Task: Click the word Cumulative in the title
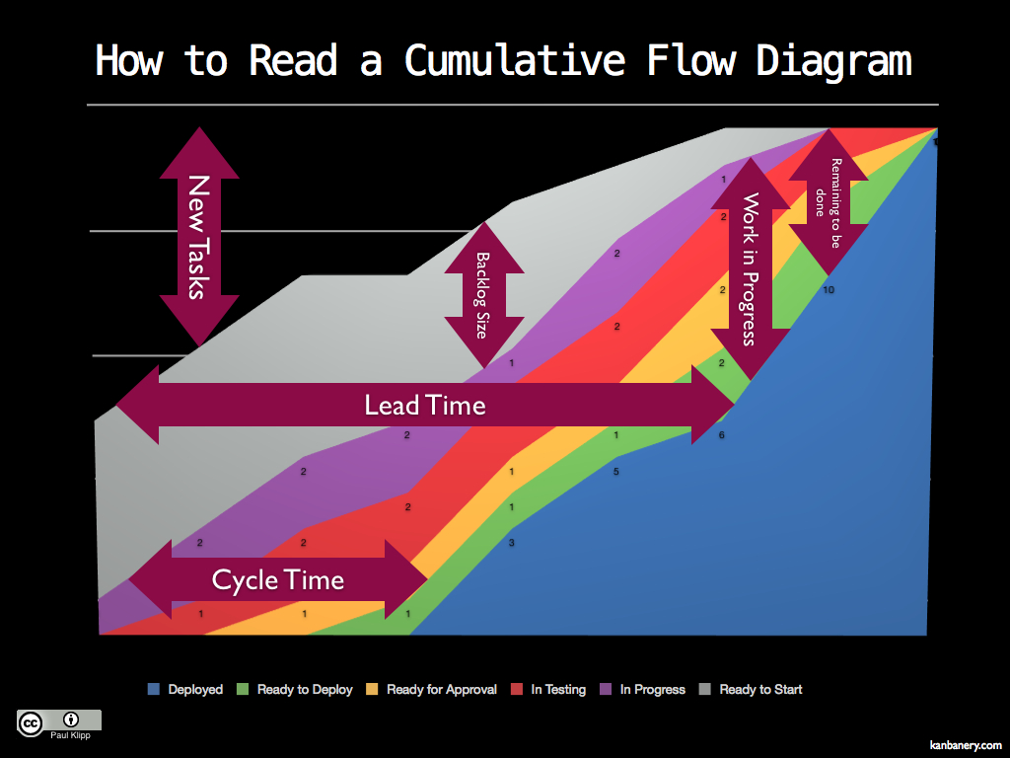(x=514, y=60)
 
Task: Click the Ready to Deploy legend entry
(x=295, y=689)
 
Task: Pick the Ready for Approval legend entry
(x=432, y=689)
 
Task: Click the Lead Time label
(x=425, y=405)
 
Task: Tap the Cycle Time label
(x=278, y=579)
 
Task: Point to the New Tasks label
(x=199, y=237)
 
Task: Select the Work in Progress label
(x=751, y=268)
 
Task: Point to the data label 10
(x=829, y=290)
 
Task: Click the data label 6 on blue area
(x=721, y=435)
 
